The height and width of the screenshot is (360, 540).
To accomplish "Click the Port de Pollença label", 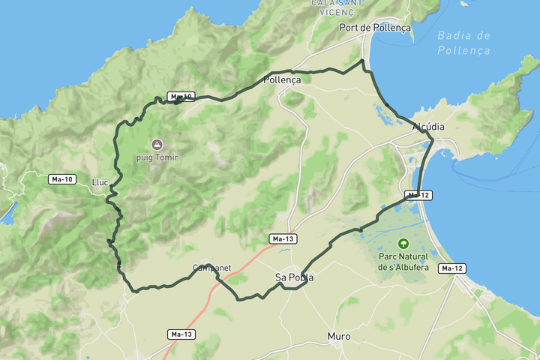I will point(375,27).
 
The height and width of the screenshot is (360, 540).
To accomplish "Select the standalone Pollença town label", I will point(282,79).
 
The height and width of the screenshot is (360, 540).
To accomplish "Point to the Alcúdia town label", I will point(428,127).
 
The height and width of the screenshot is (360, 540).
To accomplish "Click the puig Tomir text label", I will point(157,157).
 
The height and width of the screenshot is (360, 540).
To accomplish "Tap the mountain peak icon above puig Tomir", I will point(157,144).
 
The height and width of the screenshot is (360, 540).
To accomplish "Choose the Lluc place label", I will point(100,182).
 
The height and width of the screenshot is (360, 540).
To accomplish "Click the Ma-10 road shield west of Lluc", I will point(61,179).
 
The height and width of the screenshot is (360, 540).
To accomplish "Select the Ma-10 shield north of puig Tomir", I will point(181,97).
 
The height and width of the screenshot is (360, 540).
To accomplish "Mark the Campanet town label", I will point(211,267).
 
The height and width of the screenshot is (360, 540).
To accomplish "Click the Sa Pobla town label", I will point(294,277).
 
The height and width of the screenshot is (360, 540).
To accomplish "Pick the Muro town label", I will point(339,337).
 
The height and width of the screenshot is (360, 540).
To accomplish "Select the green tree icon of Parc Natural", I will point(403,243).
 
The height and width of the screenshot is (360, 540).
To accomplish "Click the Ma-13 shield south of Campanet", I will point(182,334).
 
